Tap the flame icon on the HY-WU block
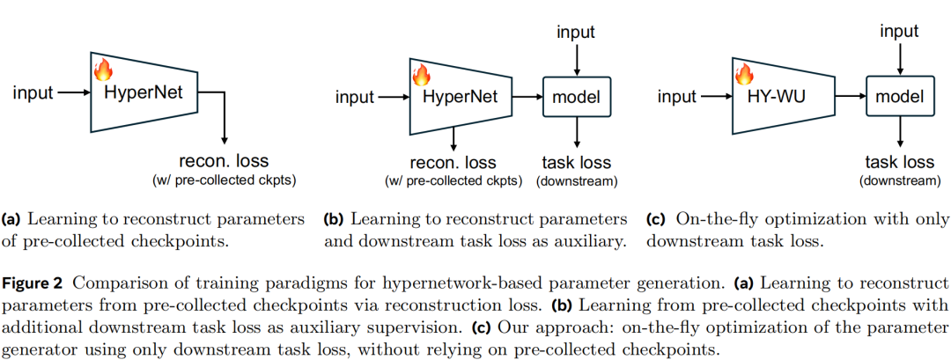(x=744, y=73)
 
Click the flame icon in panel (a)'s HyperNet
(x=102, y=70)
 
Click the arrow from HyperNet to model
(x=527, y=97)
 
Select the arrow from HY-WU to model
(x=851, y=97)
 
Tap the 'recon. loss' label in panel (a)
(x=224, y=161)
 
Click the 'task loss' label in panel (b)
(x=577, y=163)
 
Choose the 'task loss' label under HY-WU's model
(x=899, y=163)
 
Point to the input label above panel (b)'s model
(x=576, y=33)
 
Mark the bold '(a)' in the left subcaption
(x=13, y=218)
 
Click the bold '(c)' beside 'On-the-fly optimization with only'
(x=656, y=218)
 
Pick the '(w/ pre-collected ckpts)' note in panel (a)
(x=224, y=181)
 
